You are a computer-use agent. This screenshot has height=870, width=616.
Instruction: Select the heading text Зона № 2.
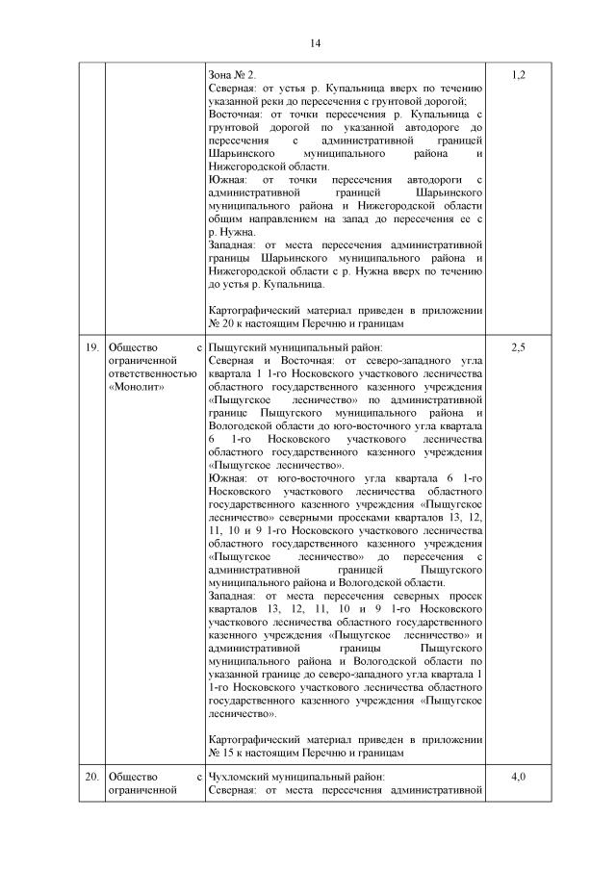click(232, 75)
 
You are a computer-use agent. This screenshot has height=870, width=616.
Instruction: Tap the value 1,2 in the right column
click(517, 75)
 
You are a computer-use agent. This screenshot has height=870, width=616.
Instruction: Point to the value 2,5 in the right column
click(517, 346)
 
